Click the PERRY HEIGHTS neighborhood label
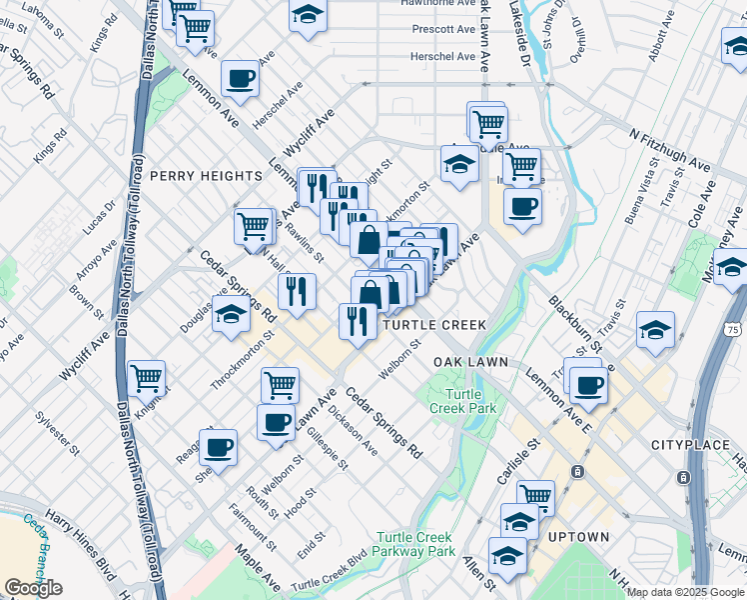coord(206,176)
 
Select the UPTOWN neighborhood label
coord(580,537)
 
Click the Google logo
coord(33,588)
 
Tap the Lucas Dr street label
coord(100,218)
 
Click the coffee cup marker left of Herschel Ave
coord(240,78)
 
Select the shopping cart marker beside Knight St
coord(147,378)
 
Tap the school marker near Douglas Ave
coord(231,314)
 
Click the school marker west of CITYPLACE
coord(655,330)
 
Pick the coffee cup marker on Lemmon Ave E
coord(587,384)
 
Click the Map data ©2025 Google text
coord(685,592)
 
